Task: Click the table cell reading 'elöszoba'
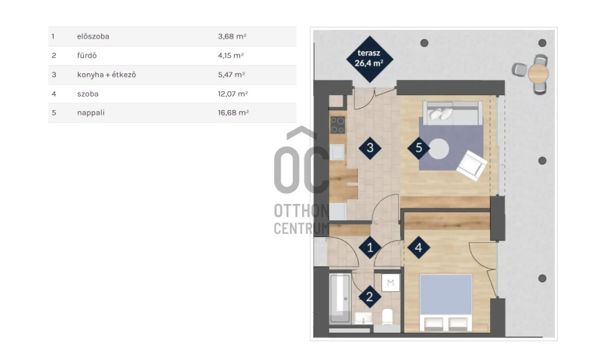pyautogui.click(x=93, y=36)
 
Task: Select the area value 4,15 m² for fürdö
pyautogui.click(x=231, y=55)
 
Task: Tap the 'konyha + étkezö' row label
pyautogui.click(x=106, y=75)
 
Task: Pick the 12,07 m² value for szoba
pyautogui.click(x=233, y=94)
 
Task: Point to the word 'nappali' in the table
pyautogui.click(x=91, y=112)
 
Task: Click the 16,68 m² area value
pyautogui.click(x=233, y=112)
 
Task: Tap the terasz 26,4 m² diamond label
pyautogui.click(x=369, y=59)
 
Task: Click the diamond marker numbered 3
pyautogui.click(x=370, y=148)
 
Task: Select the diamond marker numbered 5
pyautogui.click(x=419, y=148)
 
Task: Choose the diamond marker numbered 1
pyautogui.click(x=370, y=248)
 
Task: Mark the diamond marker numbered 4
pyautogui.click(x=419, y=248)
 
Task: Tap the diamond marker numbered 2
pyautogui.click(x=369, y=297)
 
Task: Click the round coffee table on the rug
pyautogui.click(x=439, y=149)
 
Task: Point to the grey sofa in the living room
pyautogui.click(x=452, y=112)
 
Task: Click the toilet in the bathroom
pyautogui.click(x=387, y=316)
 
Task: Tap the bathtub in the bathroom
pyautogui.click(x=341, y=297)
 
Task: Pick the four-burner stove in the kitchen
pyautogui.click(x=337, y=125)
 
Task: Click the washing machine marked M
pyautogui.click(x=390, y=283)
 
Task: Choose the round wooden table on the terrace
pyautogui.click(x=538, y=73)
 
